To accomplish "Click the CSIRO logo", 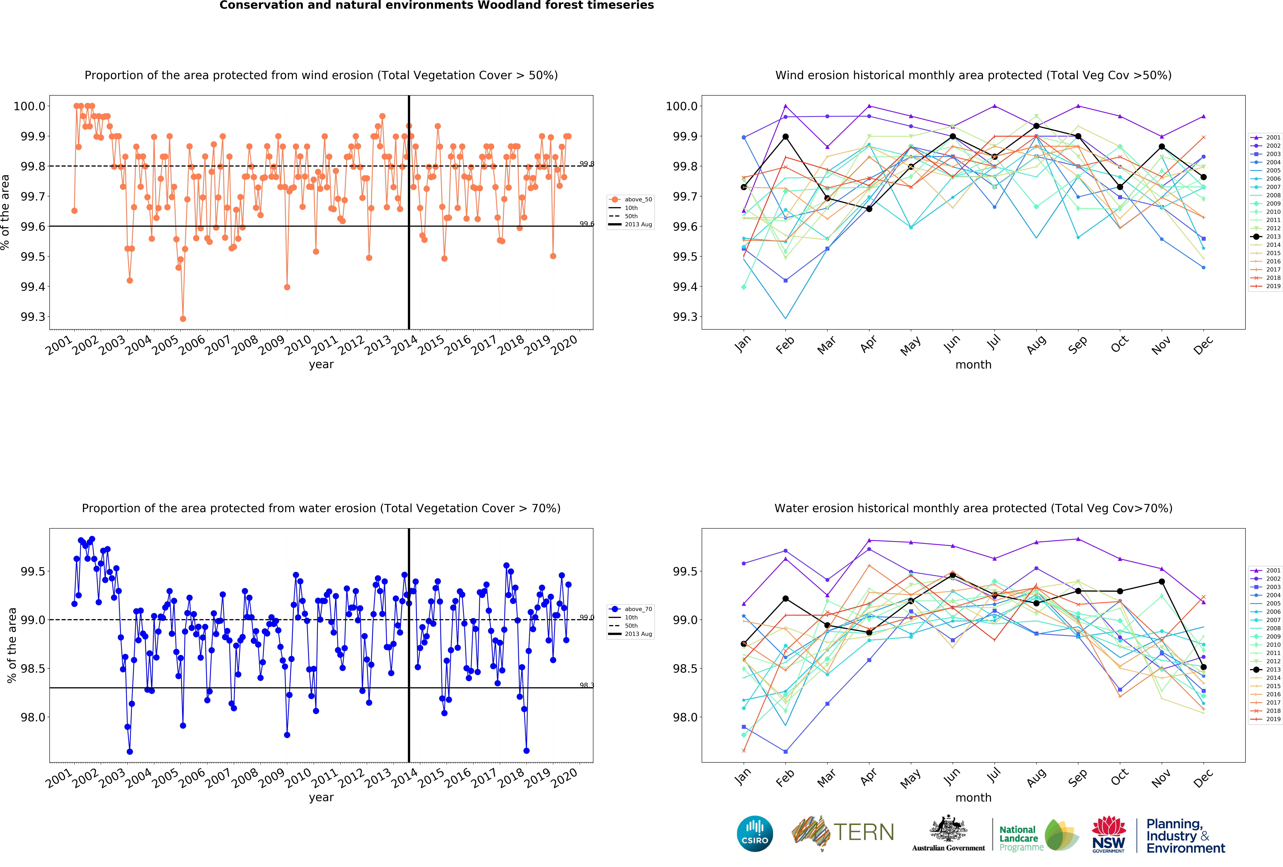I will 755,833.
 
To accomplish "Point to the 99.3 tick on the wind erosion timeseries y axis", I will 33,317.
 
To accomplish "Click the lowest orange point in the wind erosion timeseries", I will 183,319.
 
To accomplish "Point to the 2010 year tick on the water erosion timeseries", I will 298,778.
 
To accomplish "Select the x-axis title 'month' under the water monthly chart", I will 973,797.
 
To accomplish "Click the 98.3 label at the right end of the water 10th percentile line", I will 587,685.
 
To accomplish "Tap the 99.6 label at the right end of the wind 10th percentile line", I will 587,224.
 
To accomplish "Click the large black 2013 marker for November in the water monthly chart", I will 1162,582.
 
